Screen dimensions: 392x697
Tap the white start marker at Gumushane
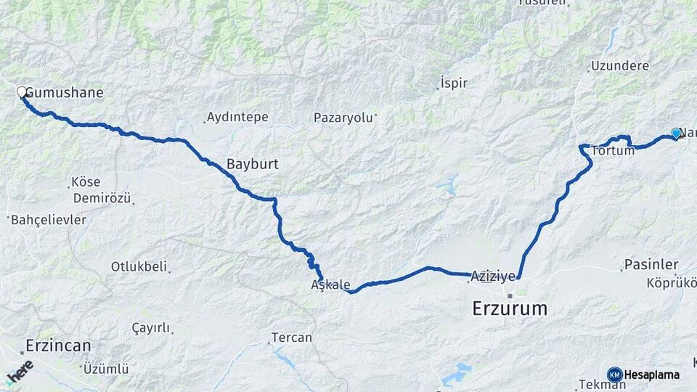(22, 92)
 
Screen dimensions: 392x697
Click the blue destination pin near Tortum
(676, 133)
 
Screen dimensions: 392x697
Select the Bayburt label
(252, 164)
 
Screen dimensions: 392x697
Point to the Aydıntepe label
(237, 117)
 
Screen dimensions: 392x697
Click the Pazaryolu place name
(343, 117)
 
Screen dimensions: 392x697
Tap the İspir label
(454, 83)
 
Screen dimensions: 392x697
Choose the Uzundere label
(619, 66)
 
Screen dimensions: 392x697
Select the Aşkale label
(330, 285)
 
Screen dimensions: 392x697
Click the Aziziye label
(493, 276)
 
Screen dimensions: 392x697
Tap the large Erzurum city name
(510, 309)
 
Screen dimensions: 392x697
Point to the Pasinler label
(651, 265)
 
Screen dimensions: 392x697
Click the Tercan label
(291, 338)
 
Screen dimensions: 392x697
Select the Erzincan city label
(57, 345)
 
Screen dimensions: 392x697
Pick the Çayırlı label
(150, 328)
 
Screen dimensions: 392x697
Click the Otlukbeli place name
(139, 266)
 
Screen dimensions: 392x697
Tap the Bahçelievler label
(49, 219)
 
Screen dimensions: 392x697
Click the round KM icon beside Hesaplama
(615, 375)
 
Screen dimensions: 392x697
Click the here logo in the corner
(20, 371)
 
